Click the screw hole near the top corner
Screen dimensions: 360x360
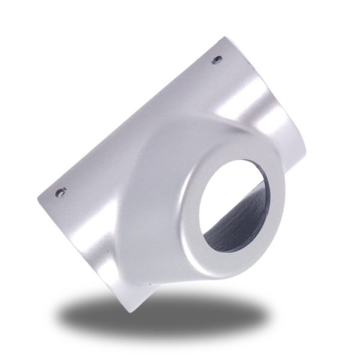(x=217, y=59)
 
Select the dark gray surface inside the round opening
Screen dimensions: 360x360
(x=231, y=231)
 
